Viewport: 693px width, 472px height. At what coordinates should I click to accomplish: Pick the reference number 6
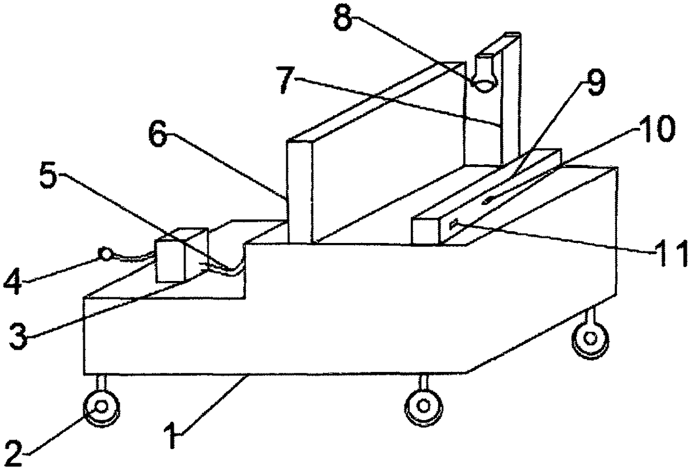(158, 135)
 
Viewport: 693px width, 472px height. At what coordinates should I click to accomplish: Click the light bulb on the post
(484, 73)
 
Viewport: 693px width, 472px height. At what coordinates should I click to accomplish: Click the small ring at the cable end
(105, 254)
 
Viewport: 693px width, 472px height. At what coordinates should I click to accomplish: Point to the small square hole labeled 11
(453, 225)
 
